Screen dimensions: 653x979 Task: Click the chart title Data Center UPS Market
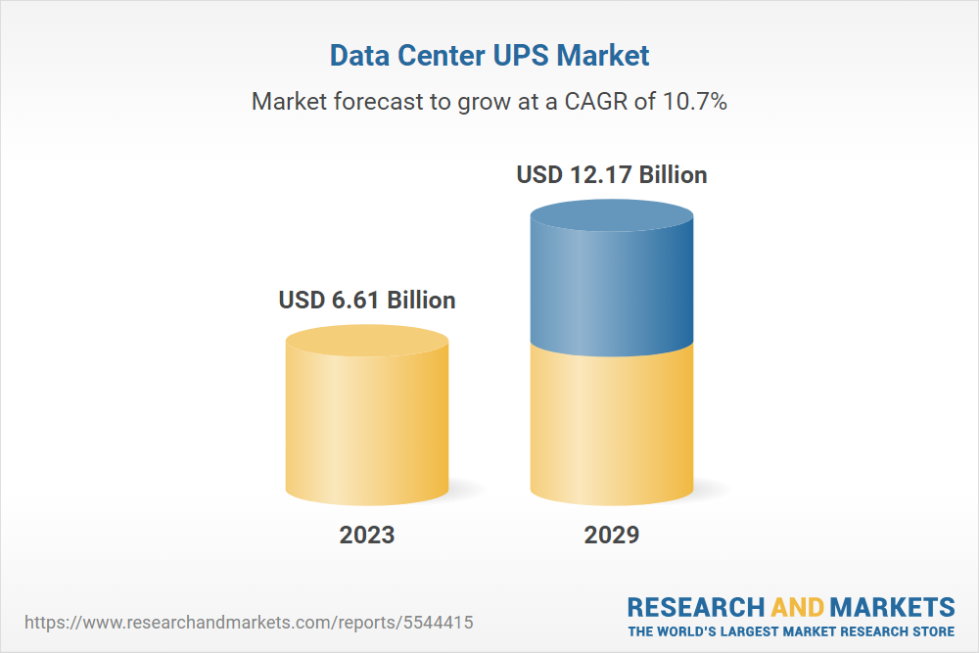click(489, 56)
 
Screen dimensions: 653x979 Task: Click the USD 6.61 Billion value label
click(367, 300)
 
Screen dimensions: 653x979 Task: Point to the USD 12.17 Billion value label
click(612, 175)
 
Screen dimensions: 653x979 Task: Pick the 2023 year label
click(367, 535)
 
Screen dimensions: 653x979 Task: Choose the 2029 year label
click(612, 535)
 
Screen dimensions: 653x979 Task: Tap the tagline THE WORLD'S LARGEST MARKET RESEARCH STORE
click(791, 630)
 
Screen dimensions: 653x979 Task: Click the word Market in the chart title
click(602, 56)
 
